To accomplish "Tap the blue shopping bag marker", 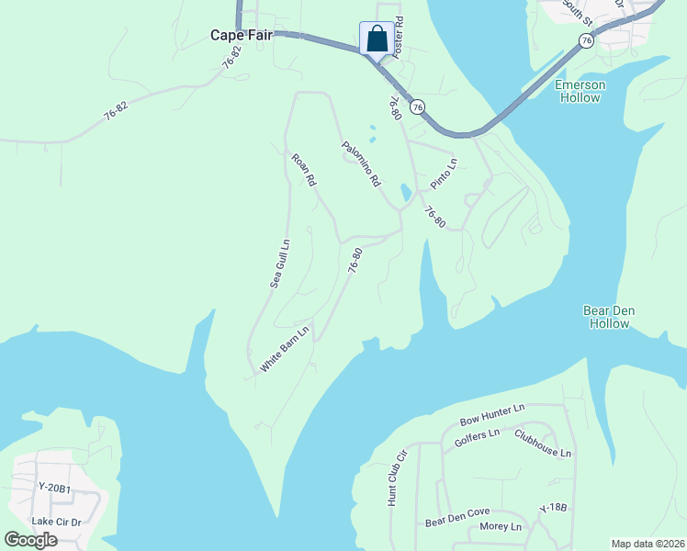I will (377, 39).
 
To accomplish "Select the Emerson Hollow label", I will (580, 91).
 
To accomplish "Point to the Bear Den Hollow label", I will (608, 317).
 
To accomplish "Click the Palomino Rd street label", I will (361, 164).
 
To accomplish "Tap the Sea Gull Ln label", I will (280, 264).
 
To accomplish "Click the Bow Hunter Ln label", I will (491, 414).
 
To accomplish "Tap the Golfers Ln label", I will (477, 438).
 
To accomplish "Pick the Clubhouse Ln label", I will (543, 444).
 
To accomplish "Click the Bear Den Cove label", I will (457, 517).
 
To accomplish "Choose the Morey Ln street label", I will (501, 527).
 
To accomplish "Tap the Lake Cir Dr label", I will (56, 522).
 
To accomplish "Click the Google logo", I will (30, 540).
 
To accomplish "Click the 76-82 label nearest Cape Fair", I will (232, 57).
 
